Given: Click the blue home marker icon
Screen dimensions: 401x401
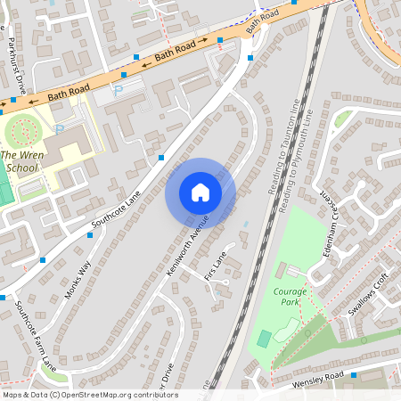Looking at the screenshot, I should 200,192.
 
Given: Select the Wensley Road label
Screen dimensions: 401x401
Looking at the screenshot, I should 317,381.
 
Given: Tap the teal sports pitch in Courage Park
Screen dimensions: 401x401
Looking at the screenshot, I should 264,339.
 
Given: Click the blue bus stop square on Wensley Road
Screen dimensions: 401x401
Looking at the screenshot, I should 355,375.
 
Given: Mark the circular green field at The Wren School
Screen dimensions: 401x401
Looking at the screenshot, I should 24,134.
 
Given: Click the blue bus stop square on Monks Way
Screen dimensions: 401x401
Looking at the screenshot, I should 43,260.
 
